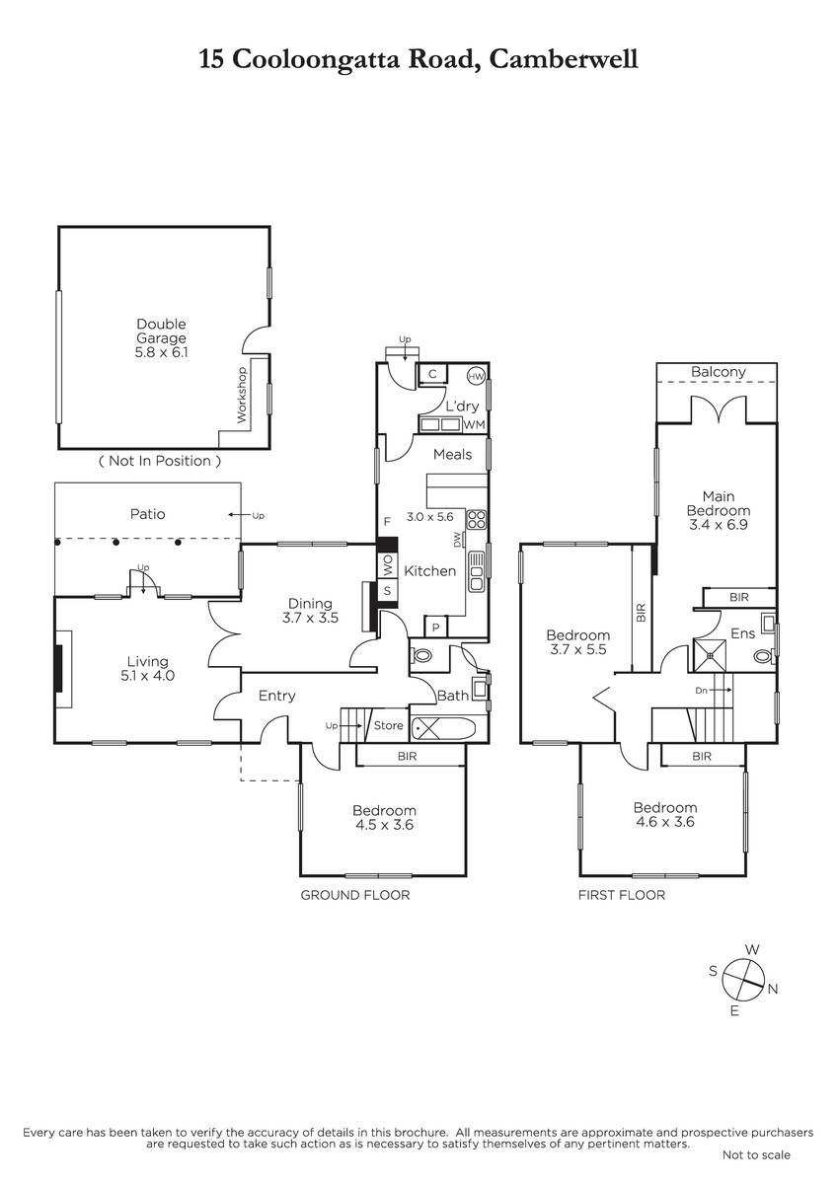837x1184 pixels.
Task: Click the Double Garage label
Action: [x=161, y=331]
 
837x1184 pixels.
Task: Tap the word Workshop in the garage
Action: [x=242, y=395]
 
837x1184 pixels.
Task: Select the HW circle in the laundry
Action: [x=476, y=376]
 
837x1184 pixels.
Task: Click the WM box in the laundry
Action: [x=474, y=424]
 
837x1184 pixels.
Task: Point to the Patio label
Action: [x=147, y=514]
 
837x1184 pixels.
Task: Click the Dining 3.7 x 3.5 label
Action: [x=310, y=611]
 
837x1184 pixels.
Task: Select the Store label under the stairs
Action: [x=388, y=726]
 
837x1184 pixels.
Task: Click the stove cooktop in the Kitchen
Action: [x=477, y=519]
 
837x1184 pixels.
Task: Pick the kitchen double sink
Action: [x=477, y=571]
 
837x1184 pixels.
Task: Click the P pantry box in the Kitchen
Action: [x=436, y=628]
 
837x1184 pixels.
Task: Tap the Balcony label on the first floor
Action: [x=718, y=372]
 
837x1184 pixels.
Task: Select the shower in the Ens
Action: [x=710, y=655]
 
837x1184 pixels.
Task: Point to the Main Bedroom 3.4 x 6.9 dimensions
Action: [x=718, y=525]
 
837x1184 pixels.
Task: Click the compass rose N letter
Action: [x=773, y=989]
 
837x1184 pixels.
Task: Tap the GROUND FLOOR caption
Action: [x=355, y=895]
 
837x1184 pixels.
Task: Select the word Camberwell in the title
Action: [x=564, y=58]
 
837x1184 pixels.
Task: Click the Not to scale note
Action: [x=756, y=1170]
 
